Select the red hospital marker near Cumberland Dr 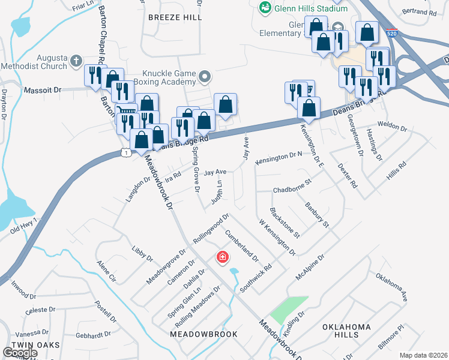point(222,257)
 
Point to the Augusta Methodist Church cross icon point(76,61)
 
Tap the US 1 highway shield point(125,152)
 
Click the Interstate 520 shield point(391,34)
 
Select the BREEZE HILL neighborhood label point(175,17)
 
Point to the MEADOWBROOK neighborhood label point(204,334)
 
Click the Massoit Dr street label point(43,90)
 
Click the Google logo point(20,353)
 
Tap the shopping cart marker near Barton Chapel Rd point(125,112)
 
